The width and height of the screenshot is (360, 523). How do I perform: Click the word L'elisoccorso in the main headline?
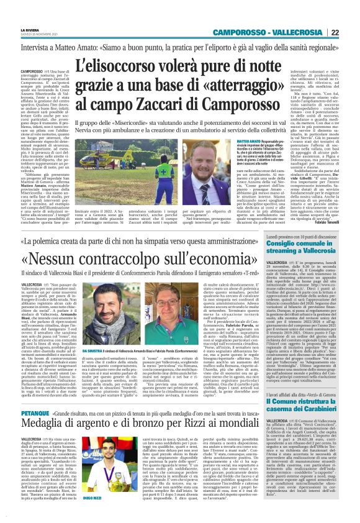pyautogui.click(x=108, y=63)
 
